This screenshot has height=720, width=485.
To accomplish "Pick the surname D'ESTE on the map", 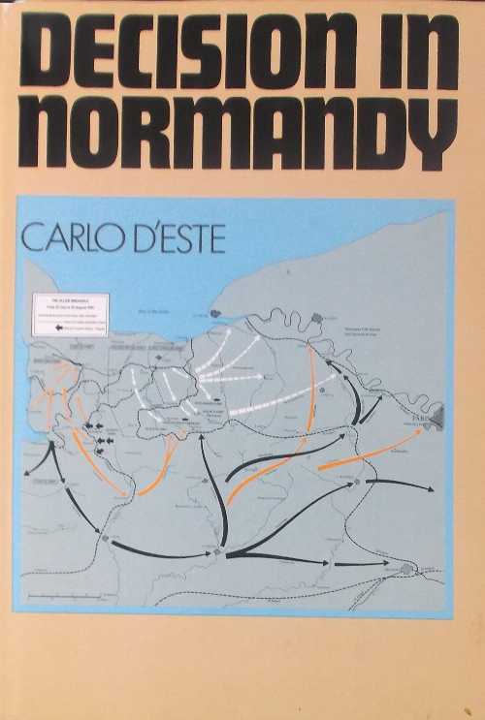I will (178, 238).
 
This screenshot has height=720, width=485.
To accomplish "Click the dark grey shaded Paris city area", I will (438, 419).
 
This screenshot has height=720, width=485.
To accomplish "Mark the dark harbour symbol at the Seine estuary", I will (214, 314).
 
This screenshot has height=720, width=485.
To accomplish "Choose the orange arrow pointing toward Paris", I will (369, 451).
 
